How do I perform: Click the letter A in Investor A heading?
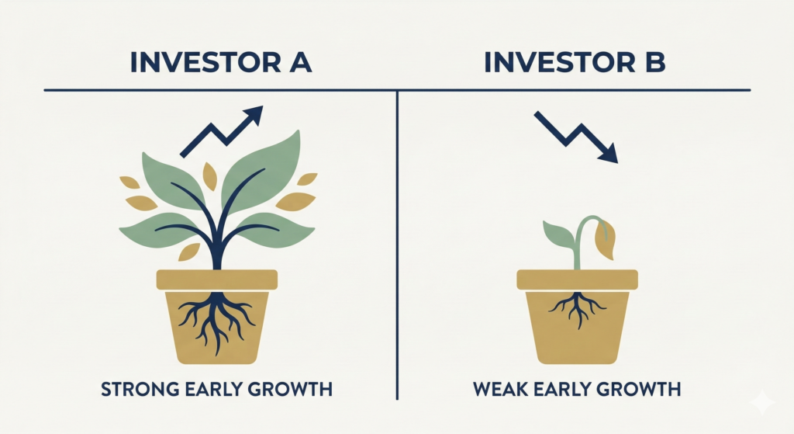[x=298, y=62]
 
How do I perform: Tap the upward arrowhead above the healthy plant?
[x=254, y=116]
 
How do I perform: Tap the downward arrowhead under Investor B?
[x=609, y=153]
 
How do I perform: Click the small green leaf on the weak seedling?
[x=559, y=234]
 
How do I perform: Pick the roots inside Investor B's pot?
[x=577, y=307]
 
